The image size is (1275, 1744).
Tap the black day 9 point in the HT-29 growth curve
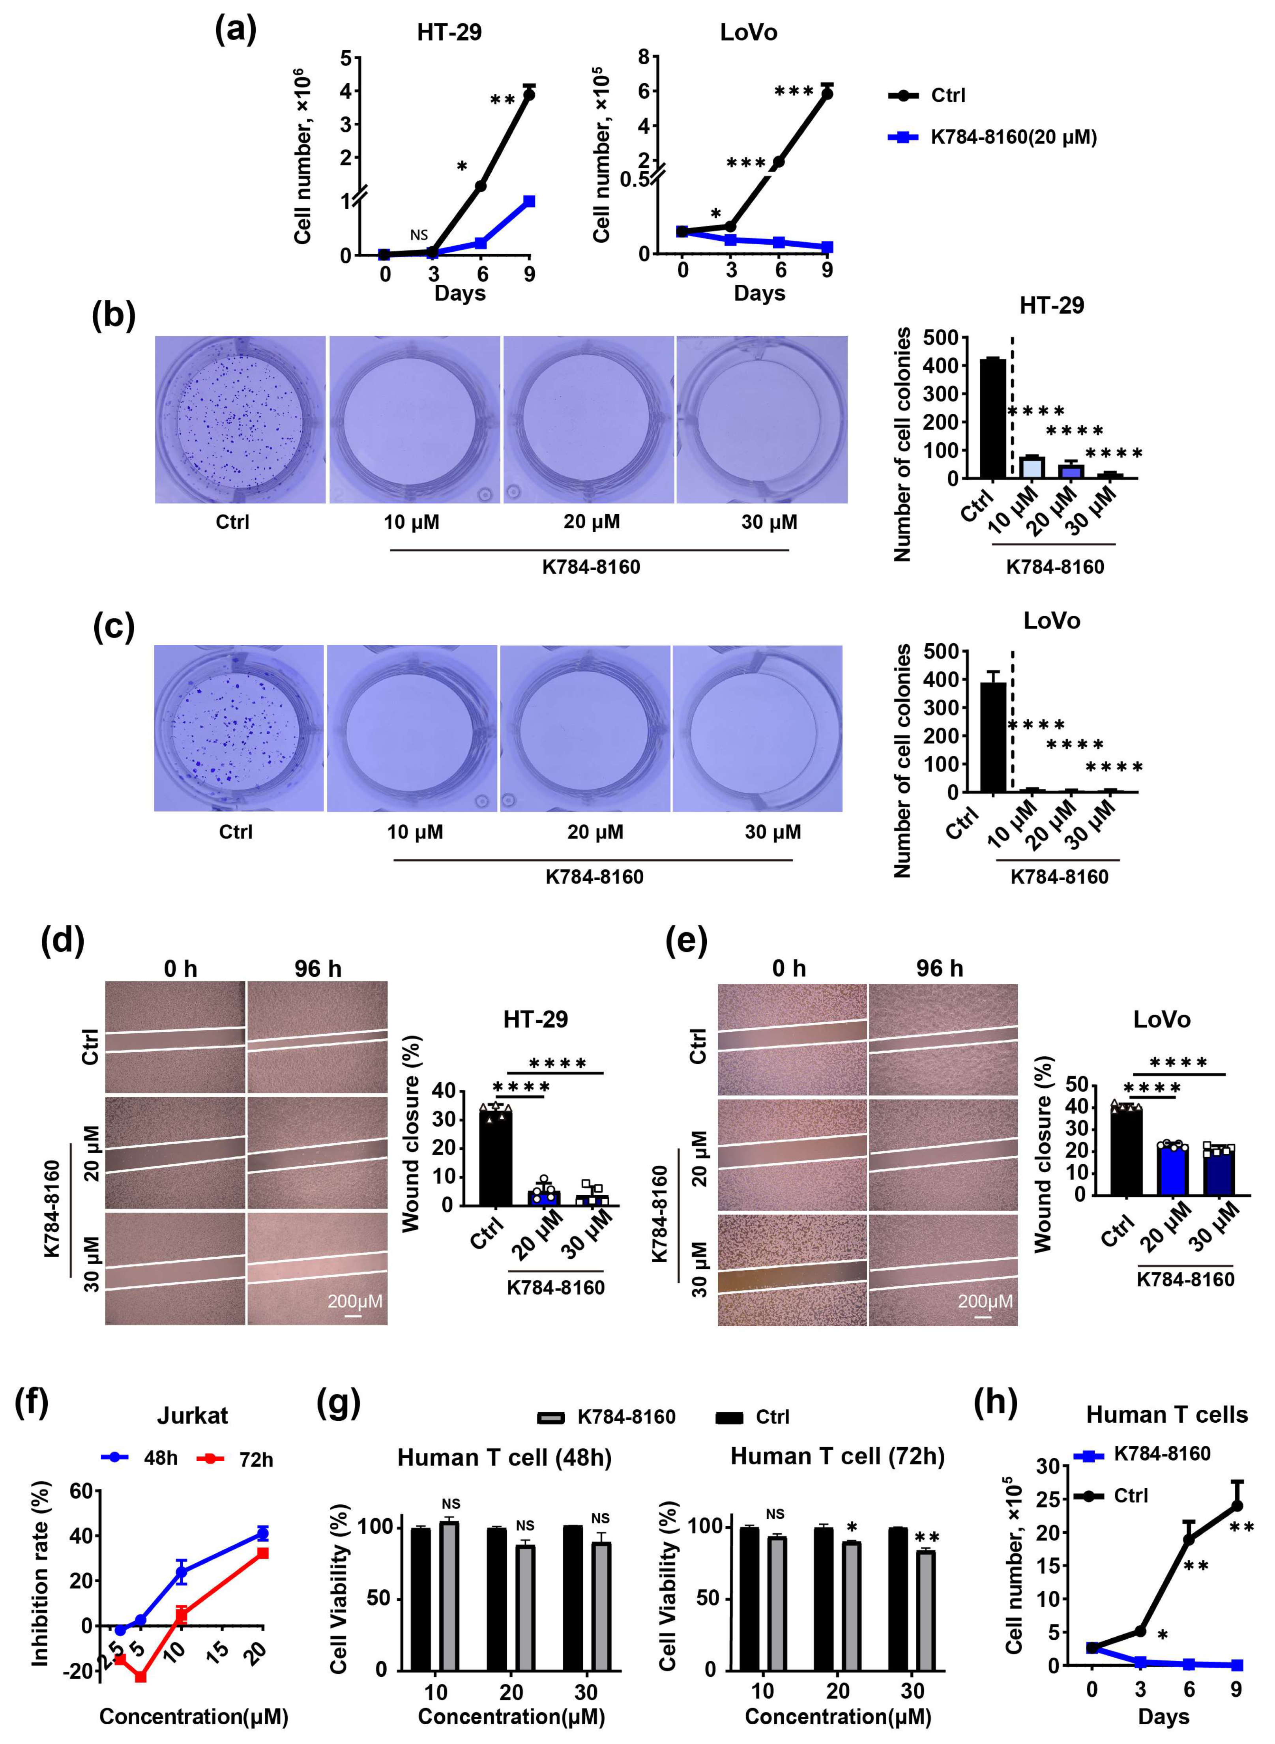(529, 94)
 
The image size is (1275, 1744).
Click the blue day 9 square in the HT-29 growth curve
(529, 201)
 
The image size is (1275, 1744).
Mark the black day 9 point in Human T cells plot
(1236, 1506)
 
